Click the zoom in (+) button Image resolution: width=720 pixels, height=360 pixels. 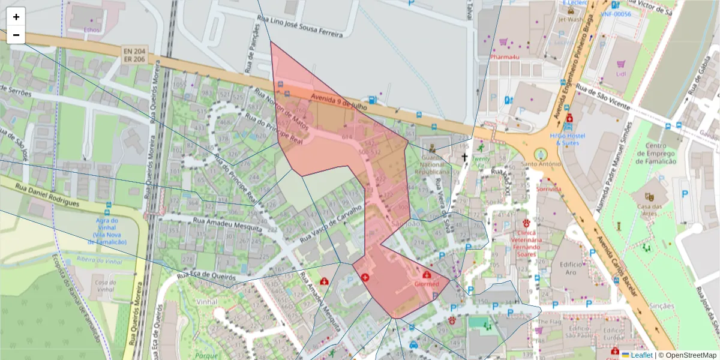point(16,17)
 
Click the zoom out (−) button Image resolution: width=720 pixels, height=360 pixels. point(16,35)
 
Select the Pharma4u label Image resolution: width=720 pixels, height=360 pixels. point(504,57)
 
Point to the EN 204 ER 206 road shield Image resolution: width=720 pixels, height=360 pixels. point(134,56)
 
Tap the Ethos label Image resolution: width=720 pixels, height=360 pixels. point(92,29)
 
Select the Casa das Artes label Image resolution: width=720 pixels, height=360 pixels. point(649,207)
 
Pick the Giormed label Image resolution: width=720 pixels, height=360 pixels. point(427,284)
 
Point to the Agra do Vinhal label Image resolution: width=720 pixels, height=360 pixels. point(107,231)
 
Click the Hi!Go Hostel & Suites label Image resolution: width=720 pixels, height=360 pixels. point(569,140)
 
